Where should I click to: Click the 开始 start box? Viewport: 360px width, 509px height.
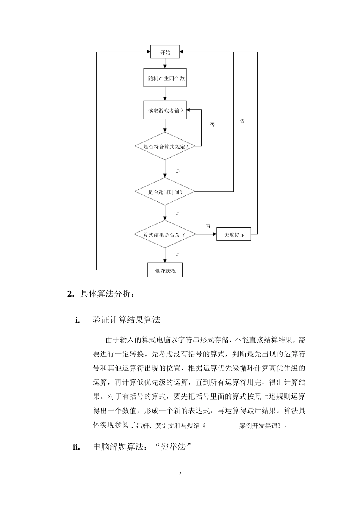tap(165, 52)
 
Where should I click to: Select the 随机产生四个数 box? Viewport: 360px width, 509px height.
tap(165, 78)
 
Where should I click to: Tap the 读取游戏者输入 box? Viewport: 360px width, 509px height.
tap(165, 110)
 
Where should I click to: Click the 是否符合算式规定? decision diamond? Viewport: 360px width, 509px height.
tap(165, 147)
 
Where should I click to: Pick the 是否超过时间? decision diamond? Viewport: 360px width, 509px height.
tap(165, 192)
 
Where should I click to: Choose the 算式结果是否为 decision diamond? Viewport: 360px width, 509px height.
tap(165, 235)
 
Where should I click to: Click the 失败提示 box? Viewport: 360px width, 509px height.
tap(234, 235)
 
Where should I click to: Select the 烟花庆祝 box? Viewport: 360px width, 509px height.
tap(165, 270)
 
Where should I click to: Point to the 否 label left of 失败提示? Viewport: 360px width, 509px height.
tap(208, 226)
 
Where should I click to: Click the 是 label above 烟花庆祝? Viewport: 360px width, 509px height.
tap(178, 254)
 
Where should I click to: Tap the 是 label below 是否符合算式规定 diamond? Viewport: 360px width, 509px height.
tap(178, 171)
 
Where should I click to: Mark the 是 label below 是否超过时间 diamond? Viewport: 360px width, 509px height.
tap(178, 213)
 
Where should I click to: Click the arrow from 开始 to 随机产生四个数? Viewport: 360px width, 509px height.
tap(165, 63)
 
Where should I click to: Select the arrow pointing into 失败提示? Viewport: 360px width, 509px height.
tap(207, 234)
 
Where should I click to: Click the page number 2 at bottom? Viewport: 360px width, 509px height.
tap(180, 473)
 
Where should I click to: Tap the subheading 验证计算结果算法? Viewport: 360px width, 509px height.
tap(127, 320)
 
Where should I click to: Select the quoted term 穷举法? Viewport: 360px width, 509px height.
tap(172, 447)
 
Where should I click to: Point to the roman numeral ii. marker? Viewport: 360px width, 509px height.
tap(76, 447)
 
